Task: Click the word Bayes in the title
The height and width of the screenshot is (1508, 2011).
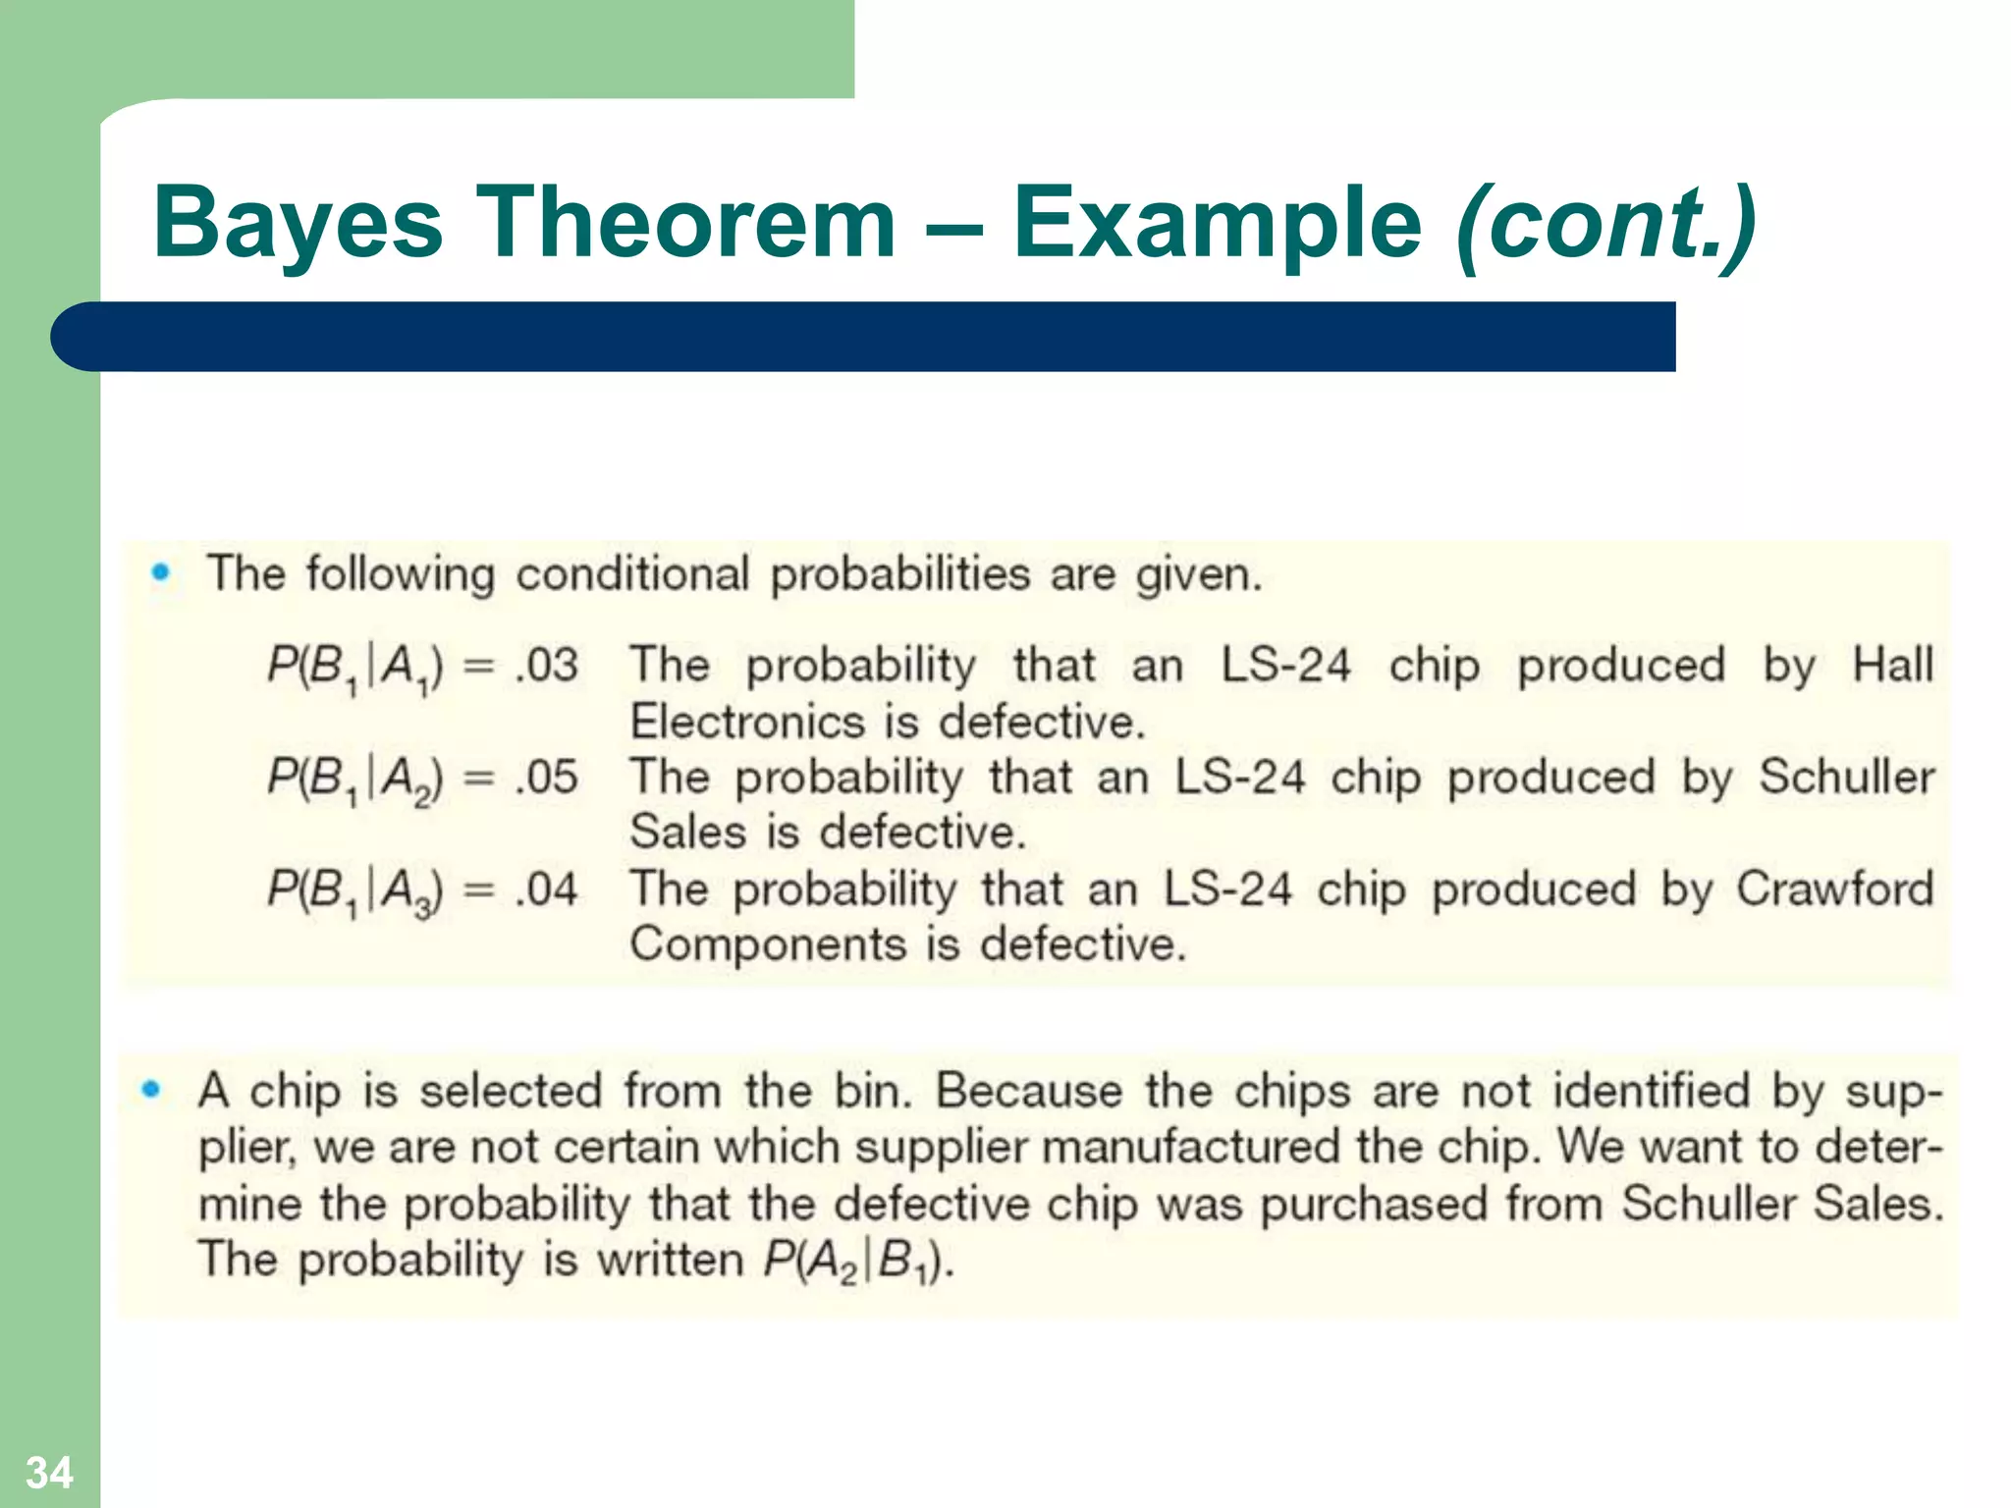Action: [x=298, y=224]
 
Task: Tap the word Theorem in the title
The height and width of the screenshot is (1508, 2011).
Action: [x=685, y=224]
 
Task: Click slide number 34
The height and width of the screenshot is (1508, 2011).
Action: [x=49, y=1472]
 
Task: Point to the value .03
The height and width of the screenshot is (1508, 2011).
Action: [x=547, y=666]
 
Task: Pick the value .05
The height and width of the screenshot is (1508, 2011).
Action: [x=547, y=778]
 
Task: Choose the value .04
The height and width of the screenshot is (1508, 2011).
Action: [x=547, y=889]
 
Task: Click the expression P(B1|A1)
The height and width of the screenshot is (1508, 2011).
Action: [x=355, y=668]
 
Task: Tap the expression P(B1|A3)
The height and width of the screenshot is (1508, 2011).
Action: [x=355, y=891]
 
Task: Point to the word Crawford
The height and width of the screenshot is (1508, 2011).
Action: [x=1834, y=889]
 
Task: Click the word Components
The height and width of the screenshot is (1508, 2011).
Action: [x=768, y=944]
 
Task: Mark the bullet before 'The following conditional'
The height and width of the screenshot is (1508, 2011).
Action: [x=161, y=572]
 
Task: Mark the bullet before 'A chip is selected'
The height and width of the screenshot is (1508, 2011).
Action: [x=150, y=1089]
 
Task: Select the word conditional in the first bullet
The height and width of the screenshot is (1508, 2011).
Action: [x=632, y=573]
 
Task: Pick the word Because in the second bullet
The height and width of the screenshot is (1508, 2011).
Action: [x=1029, y=1091]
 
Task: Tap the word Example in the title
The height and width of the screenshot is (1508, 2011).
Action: [x=1217, y=224]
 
